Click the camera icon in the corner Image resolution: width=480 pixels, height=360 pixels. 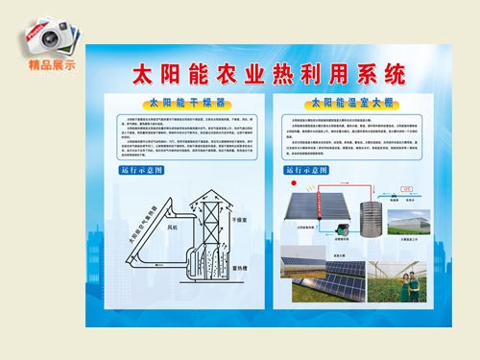click(x=48, y=37)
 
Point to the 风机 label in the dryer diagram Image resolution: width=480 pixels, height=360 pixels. click(x=174, y=229)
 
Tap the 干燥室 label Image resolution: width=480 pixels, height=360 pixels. click(x=244, y=220)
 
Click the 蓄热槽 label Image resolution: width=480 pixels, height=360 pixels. click(x=244, y=268)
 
